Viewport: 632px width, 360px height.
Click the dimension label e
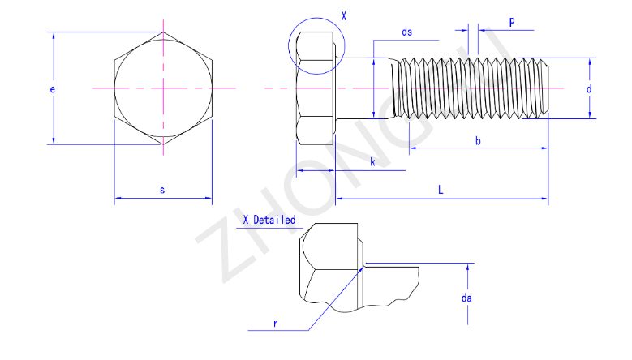[52, 90]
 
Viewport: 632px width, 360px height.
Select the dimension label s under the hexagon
[162, 190]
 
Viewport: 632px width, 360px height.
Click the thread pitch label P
[512, 22]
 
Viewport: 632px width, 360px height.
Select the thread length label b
[478, 142]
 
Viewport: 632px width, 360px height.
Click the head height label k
[372, 163]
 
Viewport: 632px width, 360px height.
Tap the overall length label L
[441, 190]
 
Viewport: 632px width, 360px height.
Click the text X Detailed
[269, 220]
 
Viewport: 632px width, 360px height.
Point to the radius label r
[275, 323]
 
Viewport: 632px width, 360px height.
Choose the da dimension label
[466, 298]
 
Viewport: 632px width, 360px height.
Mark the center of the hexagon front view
[163, 87]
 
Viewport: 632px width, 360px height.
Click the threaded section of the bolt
[471, 88]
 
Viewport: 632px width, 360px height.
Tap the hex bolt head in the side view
[316, 88]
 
